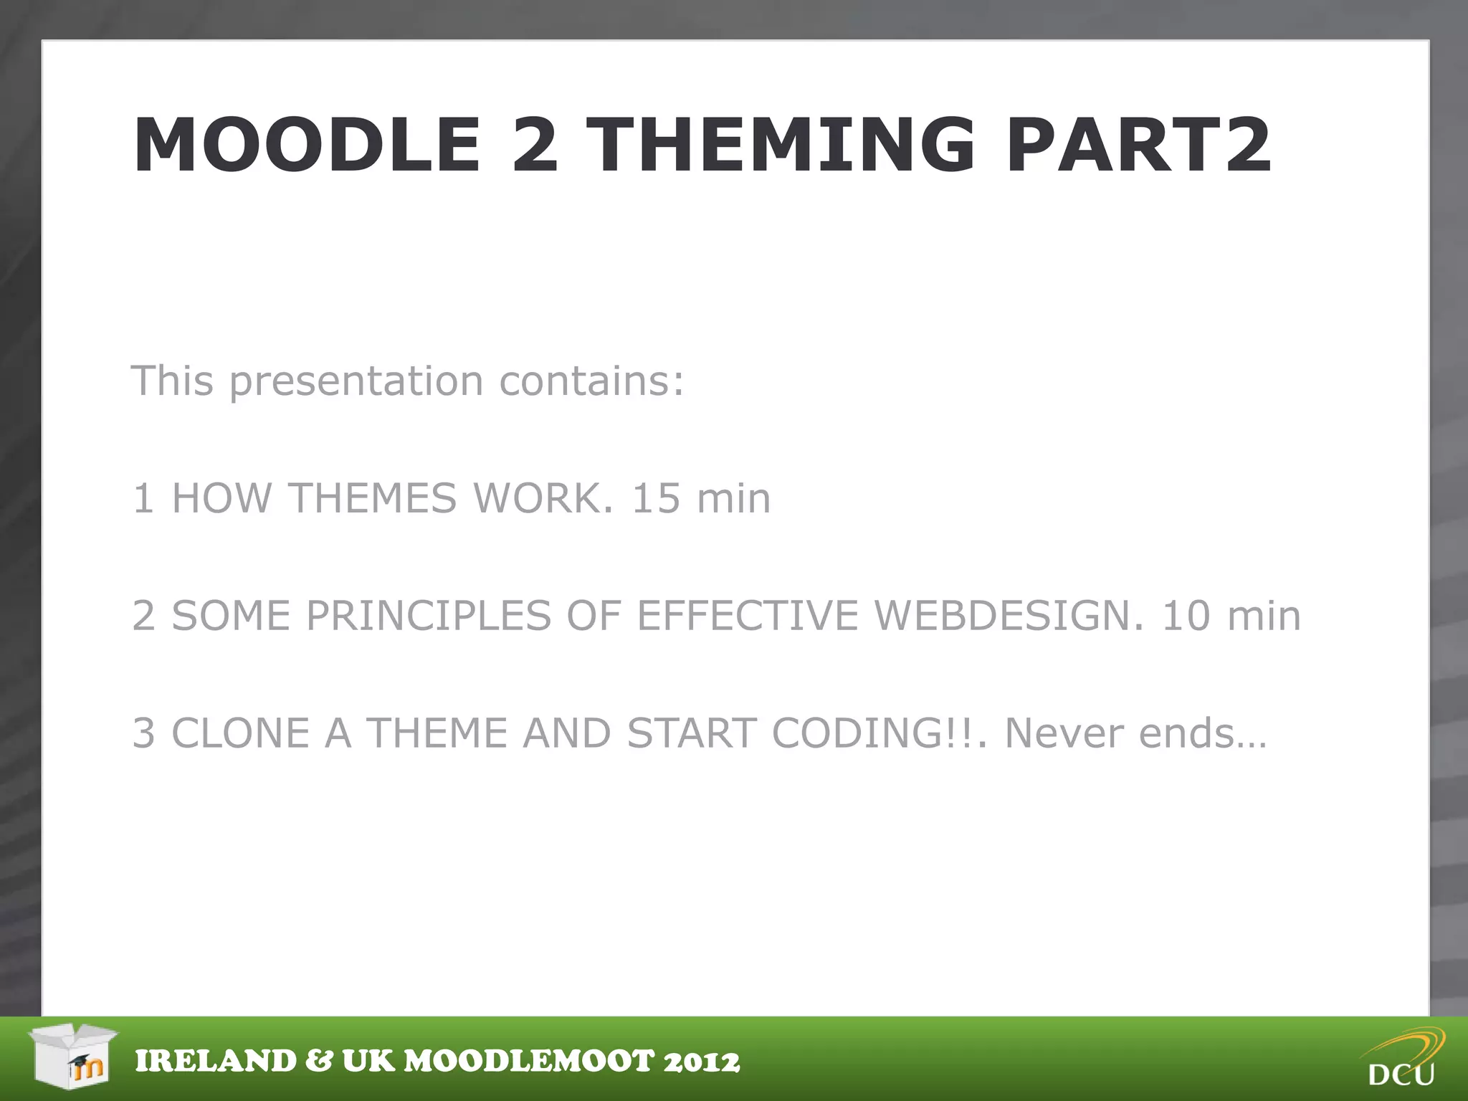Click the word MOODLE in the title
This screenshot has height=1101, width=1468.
tap(307, 146)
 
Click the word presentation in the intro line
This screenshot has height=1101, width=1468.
tap(356, 381)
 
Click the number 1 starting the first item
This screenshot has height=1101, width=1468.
tap(143, 498)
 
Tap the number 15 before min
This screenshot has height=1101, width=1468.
tap(655, 498)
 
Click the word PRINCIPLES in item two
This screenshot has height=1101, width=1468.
tap(429, 616)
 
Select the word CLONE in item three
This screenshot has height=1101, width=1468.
tap(240, 733)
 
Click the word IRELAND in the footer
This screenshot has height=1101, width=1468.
tap(215, 1062)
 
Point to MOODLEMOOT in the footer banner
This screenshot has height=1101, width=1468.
tap(530, 1062)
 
